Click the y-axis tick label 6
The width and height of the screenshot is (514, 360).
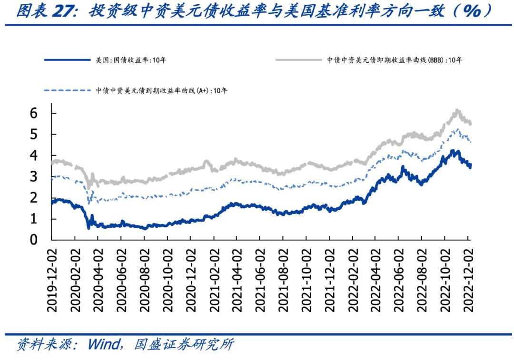(34, 113)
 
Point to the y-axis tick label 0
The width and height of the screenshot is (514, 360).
(34, 240)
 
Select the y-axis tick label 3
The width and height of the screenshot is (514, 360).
(34, 177)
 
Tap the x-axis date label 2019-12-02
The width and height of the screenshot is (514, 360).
(52, 280)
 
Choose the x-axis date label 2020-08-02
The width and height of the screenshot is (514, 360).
(145, 280)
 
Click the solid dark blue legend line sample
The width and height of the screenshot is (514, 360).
(67, 60)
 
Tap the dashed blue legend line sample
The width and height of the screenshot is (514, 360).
(67, 90)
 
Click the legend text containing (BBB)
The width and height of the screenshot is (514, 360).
(395, 60)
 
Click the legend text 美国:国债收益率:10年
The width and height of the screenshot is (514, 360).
(131, 60)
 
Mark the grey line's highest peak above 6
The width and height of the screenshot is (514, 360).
(457, 110)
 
